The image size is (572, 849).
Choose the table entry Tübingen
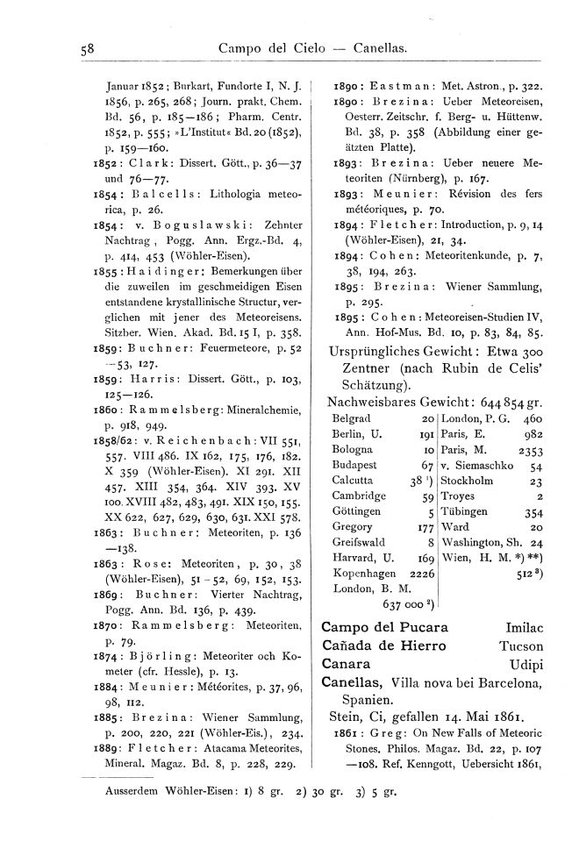coord(469,512)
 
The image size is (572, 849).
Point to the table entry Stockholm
coord(474,482)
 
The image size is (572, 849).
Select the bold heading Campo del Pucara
coord(385,628)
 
